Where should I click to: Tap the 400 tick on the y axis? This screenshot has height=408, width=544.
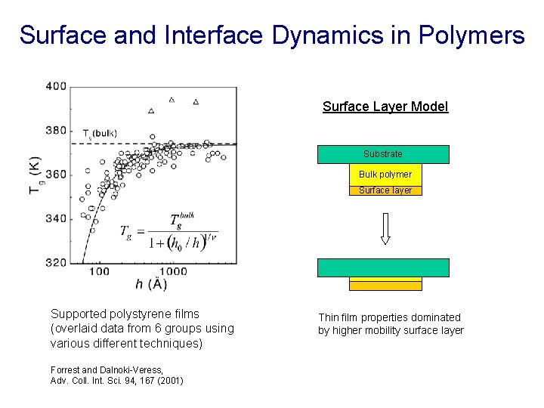(57, 86)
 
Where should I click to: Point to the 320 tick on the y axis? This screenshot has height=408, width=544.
(57, 263)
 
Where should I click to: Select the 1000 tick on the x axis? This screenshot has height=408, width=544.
(173, 272)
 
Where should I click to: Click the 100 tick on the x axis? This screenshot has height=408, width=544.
(99, 272)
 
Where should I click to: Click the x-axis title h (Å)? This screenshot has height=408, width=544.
(151, 285)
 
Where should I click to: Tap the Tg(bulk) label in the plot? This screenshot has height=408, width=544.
(100, 134)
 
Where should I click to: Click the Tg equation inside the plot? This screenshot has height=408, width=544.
(168, 231)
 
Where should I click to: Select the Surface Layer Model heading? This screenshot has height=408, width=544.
(385, 107)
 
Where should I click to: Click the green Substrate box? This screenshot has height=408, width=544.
(383, 154)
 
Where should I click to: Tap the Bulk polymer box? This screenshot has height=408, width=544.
(385, 175)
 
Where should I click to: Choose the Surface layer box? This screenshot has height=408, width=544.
(385, 190)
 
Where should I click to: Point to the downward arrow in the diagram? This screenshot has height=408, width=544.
(385, 228)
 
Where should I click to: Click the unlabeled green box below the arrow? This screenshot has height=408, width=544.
(383, 267)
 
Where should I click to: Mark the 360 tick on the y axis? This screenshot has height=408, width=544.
(57, 175)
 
